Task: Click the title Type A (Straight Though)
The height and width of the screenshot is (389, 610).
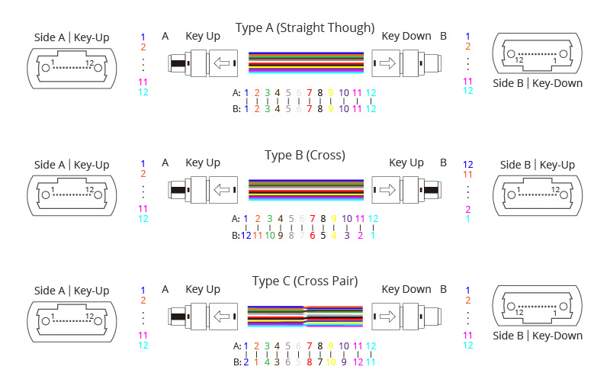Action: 305,28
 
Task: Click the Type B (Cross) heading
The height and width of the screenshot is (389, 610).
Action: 305,156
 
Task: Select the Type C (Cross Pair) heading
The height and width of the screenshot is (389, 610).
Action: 305,281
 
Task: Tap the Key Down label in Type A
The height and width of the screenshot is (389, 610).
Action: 406,36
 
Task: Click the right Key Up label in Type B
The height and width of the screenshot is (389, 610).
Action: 406,162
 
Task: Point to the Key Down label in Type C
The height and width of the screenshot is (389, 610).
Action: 406,289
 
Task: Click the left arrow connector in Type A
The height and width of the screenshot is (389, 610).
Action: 221,63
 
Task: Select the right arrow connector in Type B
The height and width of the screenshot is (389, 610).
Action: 387,190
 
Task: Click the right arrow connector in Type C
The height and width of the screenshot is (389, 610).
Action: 387,317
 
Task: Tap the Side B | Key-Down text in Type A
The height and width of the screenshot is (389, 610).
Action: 538,83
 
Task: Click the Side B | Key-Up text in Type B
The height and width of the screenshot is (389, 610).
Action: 538,165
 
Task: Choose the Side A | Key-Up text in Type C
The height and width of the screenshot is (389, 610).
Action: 72,291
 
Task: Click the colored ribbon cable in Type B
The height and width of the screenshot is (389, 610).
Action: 305,190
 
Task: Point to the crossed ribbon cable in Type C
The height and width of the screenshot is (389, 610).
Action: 305,317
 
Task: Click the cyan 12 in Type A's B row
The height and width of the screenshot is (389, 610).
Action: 371,109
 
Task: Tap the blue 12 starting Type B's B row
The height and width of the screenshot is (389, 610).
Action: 246,236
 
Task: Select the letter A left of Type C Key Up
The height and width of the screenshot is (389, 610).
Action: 165,289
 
